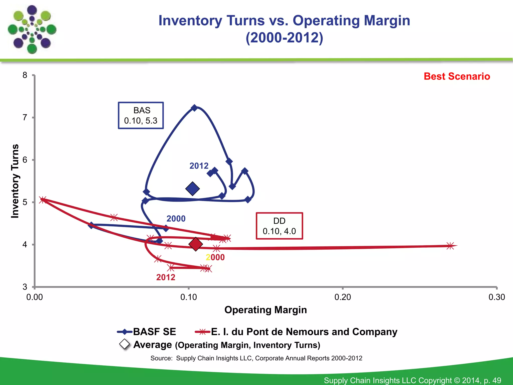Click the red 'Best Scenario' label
[457, 76]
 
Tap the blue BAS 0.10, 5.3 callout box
[141, 116]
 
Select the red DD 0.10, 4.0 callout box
[279, 226]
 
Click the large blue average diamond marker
[192, 189]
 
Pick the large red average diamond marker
[196, 244]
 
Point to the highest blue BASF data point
[194, 108]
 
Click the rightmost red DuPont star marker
[450, 246]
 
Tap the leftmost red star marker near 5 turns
[43, 200]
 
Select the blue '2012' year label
[199, 166]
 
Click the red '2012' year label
[166, 277]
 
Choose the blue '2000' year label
[176, 219]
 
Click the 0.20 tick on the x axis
[343, 297]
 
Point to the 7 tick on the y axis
[25, 117]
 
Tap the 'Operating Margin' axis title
[266, 310]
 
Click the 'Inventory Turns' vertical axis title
[15, 181]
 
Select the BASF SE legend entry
[147, 332]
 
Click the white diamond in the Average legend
[124, 344]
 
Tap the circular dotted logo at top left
[32, 30]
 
